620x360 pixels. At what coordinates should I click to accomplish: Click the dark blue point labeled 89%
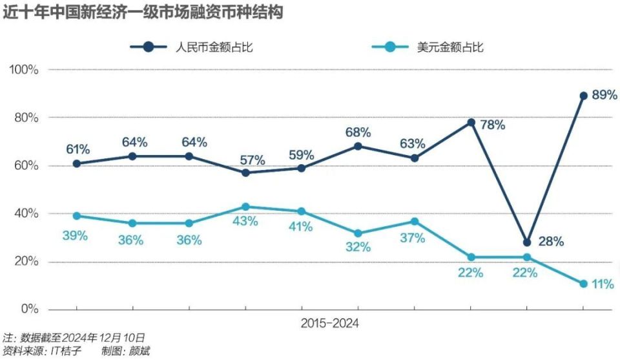coord(583,96)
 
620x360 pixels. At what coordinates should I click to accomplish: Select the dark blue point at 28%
coord(527,242)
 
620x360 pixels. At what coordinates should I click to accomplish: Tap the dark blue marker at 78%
coord(471,122)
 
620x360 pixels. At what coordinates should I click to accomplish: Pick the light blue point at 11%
coord(583,283)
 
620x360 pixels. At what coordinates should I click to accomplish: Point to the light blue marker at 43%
coord(245,207)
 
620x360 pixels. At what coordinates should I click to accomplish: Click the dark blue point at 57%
coord(245,173)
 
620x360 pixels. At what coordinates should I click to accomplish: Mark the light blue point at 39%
coord(77,216)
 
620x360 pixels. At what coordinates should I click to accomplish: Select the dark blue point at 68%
coord(358,146)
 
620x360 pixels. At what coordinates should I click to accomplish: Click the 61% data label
coord(77,149)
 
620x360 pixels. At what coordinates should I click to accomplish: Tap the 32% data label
coord(357,247)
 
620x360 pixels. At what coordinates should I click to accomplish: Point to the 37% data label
coord(413,238)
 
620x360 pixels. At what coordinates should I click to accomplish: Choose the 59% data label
coord(302,155)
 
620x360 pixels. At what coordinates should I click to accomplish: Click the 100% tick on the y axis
coord(25,70)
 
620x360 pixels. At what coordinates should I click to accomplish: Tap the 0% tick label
coord(30,310)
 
